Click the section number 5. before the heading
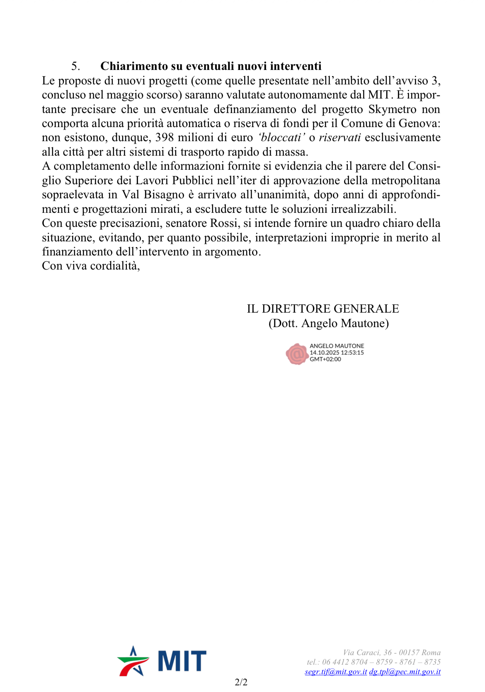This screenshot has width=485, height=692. (x=75, y=66)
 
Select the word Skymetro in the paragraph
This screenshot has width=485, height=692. (x=392, y=109)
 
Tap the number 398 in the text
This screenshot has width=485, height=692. (x=164, y=137)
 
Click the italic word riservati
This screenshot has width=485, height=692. (x=339, y=137)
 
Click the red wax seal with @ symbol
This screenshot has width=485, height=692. (x=296, y=354)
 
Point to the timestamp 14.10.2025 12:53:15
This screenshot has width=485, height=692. (x=337, y=353)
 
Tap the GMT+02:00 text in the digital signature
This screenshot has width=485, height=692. (x=325, y=359)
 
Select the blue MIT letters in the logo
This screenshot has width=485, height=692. (x=182, y=661)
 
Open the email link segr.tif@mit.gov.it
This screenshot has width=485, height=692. (x=336, y=672)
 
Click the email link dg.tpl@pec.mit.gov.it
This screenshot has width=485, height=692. (x=405, y=672)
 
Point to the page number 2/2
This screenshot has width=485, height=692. (x=241, y=682)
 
